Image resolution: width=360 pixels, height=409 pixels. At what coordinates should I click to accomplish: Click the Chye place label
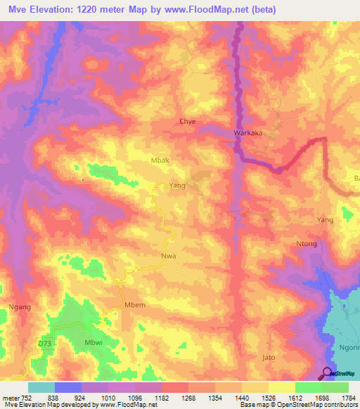click(187, 122)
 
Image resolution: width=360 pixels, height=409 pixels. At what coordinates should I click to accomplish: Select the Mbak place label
click(161, 160)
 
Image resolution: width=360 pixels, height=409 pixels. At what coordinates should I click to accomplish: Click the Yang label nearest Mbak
click(177, 186)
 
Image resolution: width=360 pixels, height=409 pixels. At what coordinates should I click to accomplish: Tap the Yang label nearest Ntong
click(325, 220)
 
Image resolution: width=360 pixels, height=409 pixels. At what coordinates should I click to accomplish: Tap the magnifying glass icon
click(328, 374)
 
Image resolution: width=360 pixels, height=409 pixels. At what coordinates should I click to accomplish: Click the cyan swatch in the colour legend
click(41, 387)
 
